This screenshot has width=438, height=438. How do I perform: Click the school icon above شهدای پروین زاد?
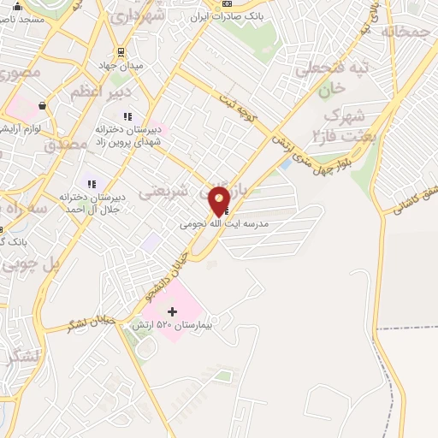coord(127,115)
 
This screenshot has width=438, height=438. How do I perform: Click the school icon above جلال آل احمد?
coord(90,183)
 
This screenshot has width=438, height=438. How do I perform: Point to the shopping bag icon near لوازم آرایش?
coord(41,106)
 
